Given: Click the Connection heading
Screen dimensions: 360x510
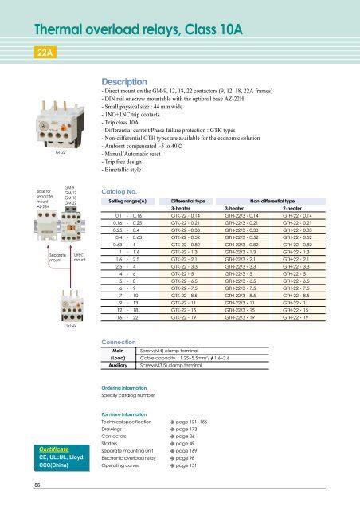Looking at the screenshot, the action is (117, 341).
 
